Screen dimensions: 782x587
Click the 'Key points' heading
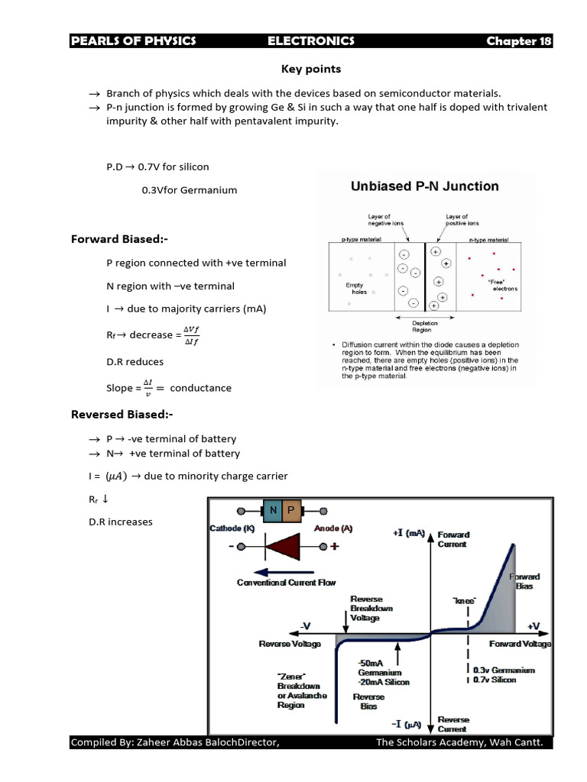click(x=311, y=69)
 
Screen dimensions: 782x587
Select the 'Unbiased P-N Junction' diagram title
click(x=424, y=186)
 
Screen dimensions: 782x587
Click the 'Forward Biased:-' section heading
click(x=119, y=239)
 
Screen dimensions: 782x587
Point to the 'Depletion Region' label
click(x=425, y=327)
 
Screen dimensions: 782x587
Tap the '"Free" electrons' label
click(x=504, y=285)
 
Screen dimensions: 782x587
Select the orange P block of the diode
click(x=290, y=510)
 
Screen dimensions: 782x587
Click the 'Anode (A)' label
click(x=333, y=528)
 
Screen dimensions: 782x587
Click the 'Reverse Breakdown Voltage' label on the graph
click(x=371, y=609)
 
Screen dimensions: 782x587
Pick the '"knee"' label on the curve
click(x=464, y=601)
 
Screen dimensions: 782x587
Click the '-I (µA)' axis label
click(x=408, y=722)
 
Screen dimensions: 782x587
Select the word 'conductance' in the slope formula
click(x=200, y=388)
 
